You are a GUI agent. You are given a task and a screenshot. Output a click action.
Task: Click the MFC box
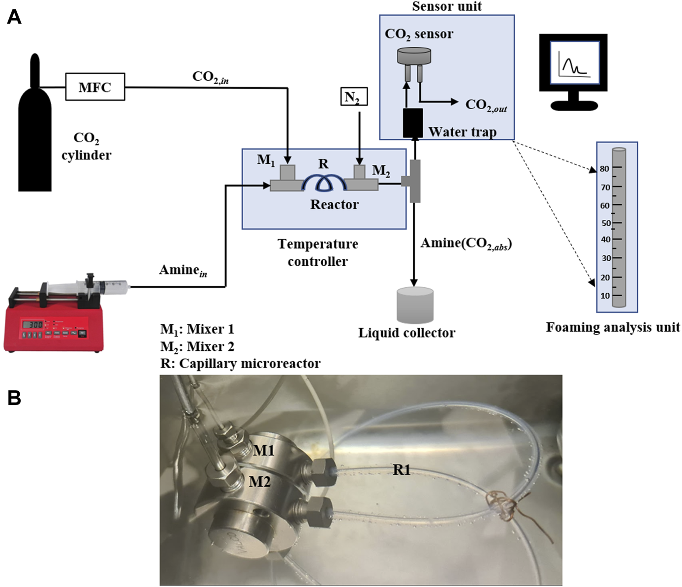tap(95, 87)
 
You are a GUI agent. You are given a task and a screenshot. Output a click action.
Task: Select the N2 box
tap(354, 96)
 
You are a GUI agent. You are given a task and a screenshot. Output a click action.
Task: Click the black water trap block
tap(413, 123)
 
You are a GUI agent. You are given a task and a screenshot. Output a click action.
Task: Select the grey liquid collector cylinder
tap(415, 305)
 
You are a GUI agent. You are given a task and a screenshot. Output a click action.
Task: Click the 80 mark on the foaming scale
tap(604, 169)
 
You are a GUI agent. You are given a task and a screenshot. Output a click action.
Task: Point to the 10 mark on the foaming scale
tap(605, 296)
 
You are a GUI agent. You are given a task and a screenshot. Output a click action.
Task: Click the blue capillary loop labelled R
tap(325, 183)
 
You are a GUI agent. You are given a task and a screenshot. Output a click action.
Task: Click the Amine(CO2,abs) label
tap(466, 244)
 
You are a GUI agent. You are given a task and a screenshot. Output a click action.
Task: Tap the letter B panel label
tap(14, 398)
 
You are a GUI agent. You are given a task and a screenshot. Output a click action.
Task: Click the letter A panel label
tap(14, 17)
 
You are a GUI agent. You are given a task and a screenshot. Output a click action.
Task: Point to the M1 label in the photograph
tap(263, 450)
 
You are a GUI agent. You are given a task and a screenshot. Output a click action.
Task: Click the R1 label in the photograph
tap(402, 469)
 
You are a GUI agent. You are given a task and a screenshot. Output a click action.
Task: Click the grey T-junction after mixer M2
tap(413, 181)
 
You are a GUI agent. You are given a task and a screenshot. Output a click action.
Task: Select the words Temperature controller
tap(318, 253)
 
